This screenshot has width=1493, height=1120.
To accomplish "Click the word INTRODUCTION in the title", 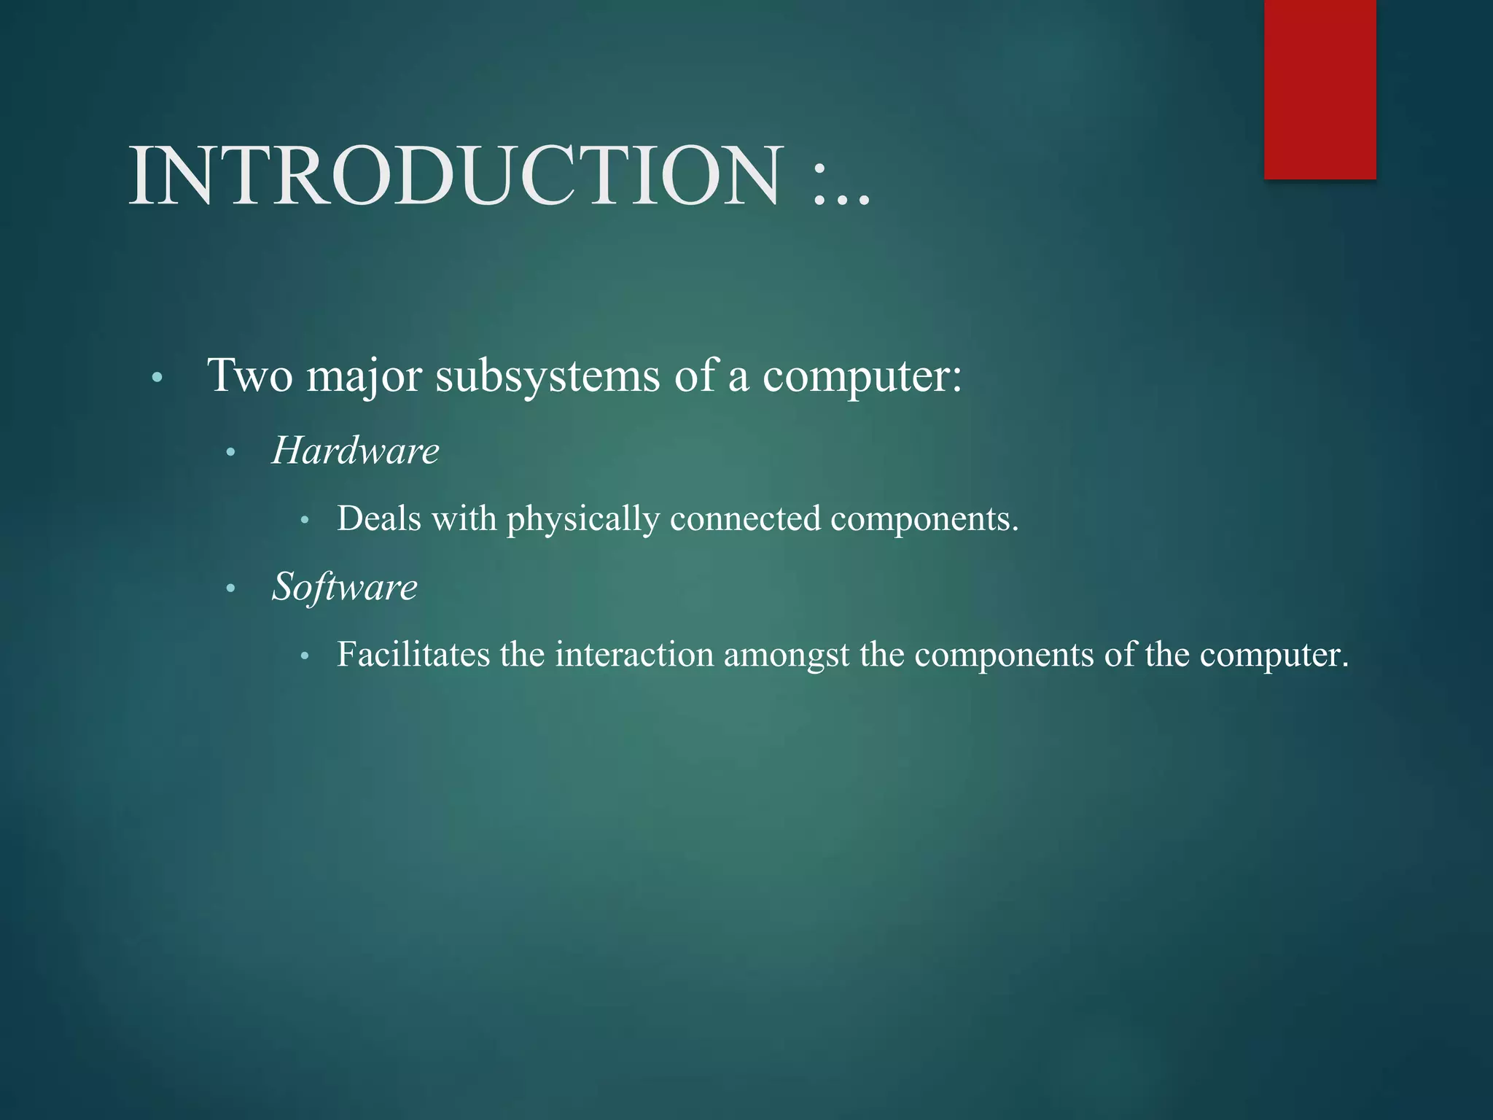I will (456, 176).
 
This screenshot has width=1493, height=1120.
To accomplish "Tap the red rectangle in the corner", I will (1319, 89).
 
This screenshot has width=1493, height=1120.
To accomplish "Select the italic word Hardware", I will (355, 451).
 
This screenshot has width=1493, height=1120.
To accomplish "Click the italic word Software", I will (344, 587).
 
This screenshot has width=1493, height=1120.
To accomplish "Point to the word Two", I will (250, 376).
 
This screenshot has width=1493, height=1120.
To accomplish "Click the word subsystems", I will (547, 376).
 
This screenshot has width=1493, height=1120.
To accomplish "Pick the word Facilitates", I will (413, 654).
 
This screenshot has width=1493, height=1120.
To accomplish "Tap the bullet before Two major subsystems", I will (157, 378).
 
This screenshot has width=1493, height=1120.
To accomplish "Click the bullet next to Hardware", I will (230, 453).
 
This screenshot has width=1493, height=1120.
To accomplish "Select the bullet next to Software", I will (230, 588).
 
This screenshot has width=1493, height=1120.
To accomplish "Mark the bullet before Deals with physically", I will (305, 521).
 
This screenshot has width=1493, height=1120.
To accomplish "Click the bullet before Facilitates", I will (305, 656).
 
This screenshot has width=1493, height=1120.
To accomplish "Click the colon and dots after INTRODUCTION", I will (841, 186).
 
